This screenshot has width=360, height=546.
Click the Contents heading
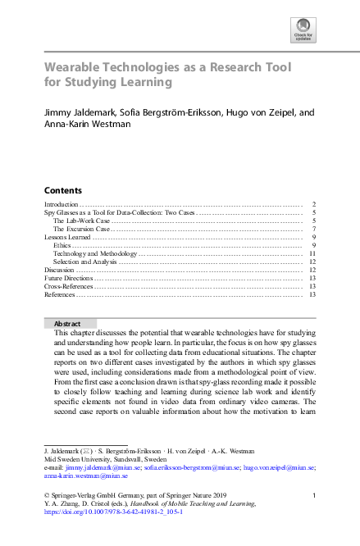62,189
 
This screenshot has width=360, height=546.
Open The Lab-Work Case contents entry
81,221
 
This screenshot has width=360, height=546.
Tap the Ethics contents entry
62,246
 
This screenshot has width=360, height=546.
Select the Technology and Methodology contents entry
94,254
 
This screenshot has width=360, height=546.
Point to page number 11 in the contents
312,254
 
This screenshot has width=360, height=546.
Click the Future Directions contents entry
68,278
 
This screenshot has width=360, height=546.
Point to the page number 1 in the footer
314,496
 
